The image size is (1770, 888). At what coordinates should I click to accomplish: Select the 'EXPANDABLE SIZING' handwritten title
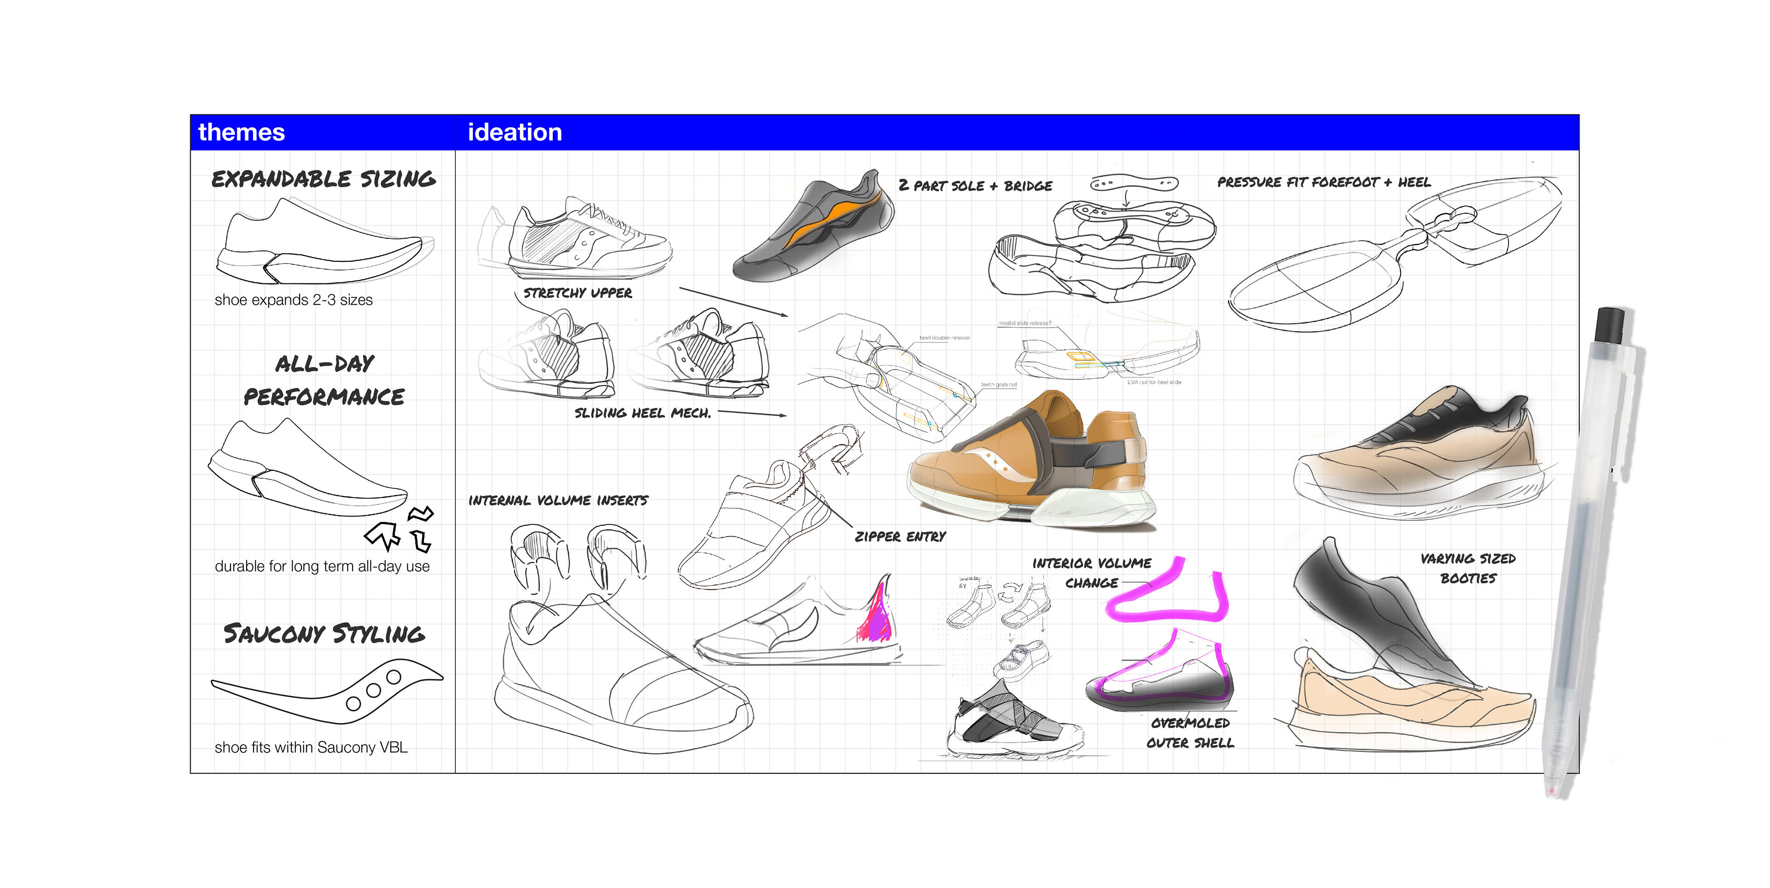coord(323,179)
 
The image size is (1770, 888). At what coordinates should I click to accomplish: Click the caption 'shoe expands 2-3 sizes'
coord(294,300)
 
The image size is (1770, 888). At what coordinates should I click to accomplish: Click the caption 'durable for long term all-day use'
coord(322,567)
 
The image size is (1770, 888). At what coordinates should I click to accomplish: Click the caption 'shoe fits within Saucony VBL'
coord(311,747)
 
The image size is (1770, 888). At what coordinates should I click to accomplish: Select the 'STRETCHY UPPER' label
coord(577,293)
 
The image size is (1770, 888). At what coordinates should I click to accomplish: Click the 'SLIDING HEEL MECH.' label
coord(643,413)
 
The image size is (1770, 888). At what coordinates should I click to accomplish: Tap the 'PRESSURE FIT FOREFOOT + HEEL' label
coord(1323,182)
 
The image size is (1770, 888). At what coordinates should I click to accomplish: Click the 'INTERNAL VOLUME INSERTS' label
coord(558,500)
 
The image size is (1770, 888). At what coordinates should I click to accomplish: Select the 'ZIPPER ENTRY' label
coord(900,536)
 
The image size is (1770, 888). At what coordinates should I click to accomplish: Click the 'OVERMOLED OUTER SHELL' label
coord(1190,733)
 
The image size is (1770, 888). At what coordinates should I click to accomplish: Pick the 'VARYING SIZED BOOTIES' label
coord(1468,569)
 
